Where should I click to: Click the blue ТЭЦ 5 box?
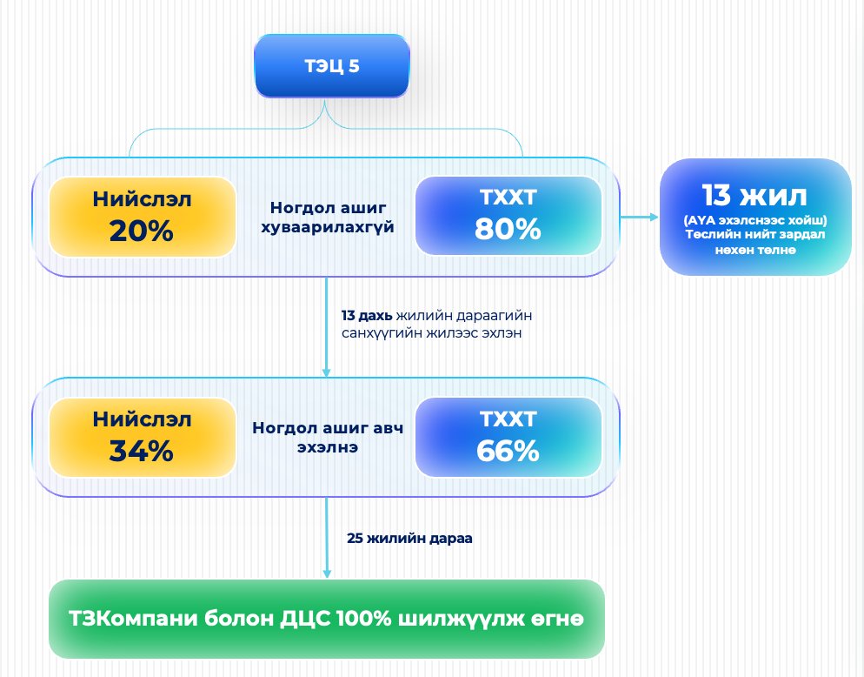tap(330, 66)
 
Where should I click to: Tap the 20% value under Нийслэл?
tap(142, 231)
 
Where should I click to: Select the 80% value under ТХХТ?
tap(508, 229)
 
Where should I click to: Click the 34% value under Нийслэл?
tap(142, 452)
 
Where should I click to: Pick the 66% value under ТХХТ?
tap(508, 451)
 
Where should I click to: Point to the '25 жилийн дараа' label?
tap(409, 539)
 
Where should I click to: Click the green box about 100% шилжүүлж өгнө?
tap(326, 619)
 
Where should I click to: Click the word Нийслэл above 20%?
tap(142, 199)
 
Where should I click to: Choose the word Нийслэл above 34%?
tap(142, 420)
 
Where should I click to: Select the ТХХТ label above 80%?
tap(508, 198)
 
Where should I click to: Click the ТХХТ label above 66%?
tap(508, 420)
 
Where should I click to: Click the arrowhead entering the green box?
tap(327, 573)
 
